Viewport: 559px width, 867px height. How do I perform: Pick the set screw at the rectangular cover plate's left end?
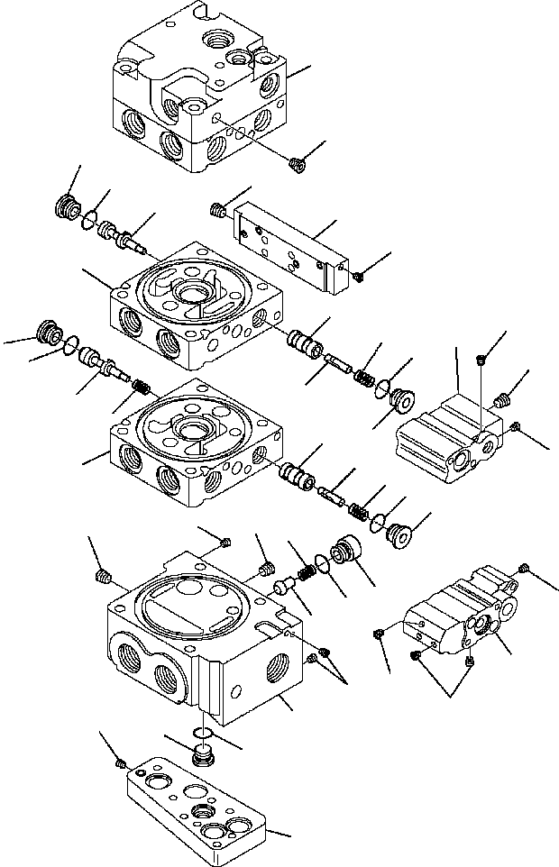[x=216, y=211]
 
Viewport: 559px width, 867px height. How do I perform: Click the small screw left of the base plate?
[x=120, y=764]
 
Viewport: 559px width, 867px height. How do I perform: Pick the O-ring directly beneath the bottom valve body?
[x=204, y=733]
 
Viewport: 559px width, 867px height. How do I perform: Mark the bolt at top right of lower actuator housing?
[x=524, y=568]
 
